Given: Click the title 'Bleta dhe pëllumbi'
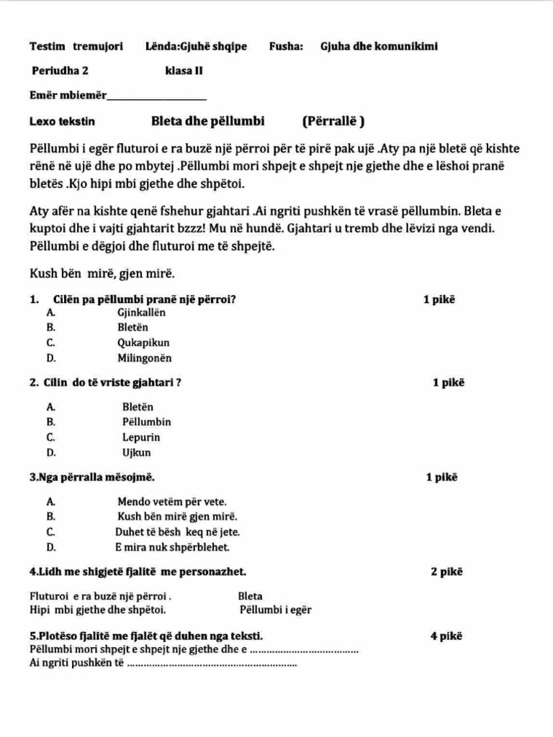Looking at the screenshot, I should pyautogui.click(x=208, y=121).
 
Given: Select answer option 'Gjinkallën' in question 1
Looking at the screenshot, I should pyautogui.click(x=141, y=312).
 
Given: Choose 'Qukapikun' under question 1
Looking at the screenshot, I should pyautogui.click(x=144, y=343).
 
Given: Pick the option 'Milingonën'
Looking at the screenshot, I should pyautogui.click(x=145, y=358).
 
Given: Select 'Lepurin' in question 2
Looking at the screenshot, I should pyautogui.click(x=141, y=437).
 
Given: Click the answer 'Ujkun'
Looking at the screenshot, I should pyautogui.click(x=137, y=453).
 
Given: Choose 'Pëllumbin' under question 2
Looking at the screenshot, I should pyautogui.click(x=147, y=422).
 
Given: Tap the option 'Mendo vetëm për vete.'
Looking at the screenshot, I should pyautogui.click(x=171, y=502).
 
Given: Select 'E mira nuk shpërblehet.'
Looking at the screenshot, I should pyautogui.click(x=172, y=547).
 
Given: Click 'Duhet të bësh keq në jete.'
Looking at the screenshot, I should pyautogui.click(x=177, y=532).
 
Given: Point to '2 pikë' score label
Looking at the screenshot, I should pyautogui.click(x=446, y=572).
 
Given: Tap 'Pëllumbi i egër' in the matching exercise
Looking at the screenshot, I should pyautogui.click(x=276, y=610).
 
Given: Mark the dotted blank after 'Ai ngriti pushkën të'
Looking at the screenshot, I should pyautogui.click(x=212, y=664).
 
